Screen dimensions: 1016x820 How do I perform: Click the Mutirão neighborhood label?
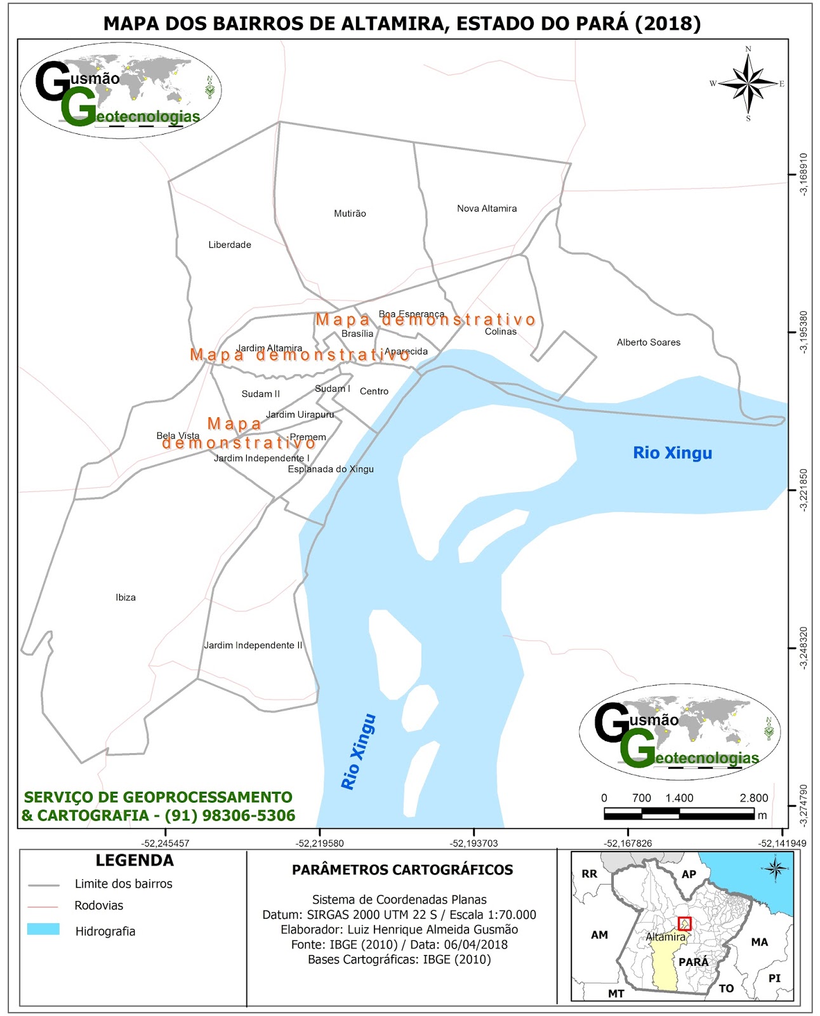[350, 213]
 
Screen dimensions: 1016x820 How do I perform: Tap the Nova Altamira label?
[487, 208]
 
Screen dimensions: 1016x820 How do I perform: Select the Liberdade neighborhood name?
[230, 244]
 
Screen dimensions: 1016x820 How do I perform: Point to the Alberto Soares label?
[649, 342]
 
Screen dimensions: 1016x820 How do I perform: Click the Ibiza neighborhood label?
[126, 598]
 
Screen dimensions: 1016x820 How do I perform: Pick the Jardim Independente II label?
[253, 645]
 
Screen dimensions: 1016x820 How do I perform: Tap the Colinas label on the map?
[501, 331]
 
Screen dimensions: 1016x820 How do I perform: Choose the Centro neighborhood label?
[374, 391]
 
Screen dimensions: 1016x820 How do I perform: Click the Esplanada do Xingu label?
[331, 469]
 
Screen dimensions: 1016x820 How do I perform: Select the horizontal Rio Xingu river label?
[673, 453]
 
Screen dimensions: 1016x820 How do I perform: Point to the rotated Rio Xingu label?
[359, 752]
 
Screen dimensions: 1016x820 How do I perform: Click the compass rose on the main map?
[748, 84]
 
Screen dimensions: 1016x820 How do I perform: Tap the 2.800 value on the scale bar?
[754, 798]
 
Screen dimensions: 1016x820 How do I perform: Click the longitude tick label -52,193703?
[474, 844]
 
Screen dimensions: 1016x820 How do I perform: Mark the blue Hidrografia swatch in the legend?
[43, 930]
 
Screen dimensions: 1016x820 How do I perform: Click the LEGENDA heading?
[135, 861]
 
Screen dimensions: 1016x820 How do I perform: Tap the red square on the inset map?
[684, 924]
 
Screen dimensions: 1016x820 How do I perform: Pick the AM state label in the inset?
[599, 935]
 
